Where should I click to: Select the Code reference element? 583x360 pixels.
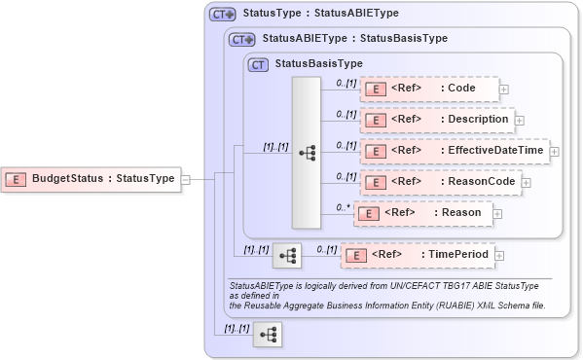pyautogui.click(x=429, y=89)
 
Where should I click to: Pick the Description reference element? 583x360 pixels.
pyautogui.click(x=436, y=120)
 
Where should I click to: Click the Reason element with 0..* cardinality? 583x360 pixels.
pyautogui.click(x=422, y=213)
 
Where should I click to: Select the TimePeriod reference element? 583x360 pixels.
pyautogui.click(x=418, y=255)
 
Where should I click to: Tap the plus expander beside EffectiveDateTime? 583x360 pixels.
pyautogui.click(x=555, y=152)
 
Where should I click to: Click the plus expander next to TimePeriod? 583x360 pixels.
pyautogui.click(x=500, y=256)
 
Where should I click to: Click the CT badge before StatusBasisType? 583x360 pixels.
pyautogui.click(x=259, y=65)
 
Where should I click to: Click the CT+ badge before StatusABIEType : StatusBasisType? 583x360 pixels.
pyautogui.click(x=240, y=40)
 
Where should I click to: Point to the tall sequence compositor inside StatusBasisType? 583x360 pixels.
pyautogui.click(x=307, y=153)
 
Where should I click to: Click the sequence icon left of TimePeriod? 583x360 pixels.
pyautogui.click(x=287, y=256)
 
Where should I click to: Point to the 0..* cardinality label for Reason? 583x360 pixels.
pyautogui.click(x=343, y=207)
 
